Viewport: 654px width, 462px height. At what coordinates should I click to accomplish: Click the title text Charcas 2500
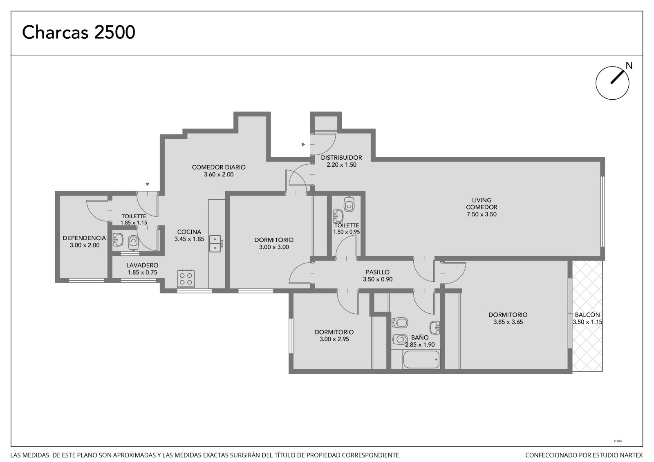78,32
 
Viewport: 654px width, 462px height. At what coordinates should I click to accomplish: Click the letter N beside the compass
629,66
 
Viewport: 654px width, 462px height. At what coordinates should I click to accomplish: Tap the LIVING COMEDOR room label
482,204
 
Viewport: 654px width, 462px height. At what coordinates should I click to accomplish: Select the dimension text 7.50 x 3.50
482,214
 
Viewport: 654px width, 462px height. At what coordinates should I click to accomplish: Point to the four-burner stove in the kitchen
186,279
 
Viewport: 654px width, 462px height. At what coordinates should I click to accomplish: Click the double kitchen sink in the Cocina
215,244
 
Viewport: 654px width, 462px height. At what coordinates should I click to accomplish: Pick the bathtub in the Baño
421,359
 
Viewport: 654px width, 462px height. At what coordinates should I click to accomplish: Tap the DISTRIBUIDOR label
341,158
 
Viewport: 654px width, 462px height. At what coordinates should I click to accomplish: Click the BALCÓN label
587,315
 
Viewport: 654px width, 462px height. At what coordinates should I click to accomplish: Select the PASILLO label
378,272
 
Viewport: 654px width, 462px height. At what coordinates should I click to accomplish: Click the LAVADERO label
142,265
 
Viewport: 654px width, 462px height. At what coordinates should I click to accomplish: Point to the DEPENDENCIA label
84,238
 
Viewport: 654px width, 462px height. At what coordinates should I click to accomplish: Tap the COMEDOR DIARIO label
219,167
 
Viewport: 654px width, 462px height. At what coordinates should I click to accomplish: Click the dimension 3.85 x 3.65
508,322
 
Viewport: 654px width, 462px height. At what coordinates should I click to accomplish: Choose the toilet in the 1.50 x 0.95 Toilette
349,204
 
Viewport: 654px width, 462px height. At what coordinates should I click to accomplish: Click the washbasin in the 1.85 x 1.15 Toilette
118,240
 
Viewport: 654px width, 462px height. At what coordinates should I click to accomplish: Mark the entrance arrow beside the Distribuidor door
303,145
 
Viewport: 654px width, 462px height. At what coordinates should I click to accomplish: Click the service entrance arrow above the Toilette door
148,184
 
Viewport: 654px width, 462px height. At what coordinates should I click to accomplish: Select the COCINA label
189,232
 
